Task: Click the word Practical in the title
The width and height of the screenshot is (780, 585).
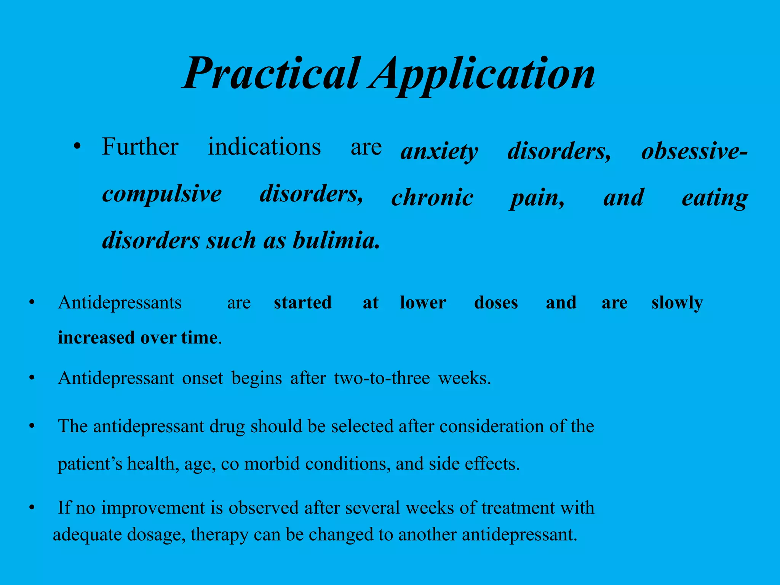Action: pos(270,73)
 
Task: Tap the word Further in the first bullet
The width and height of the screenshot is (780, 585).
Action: pos(140,147)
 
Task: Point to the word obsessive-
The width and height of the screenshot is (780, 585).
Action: pos(694,151)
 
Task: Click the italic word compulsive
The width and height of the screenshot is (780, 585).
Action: pos(162,195)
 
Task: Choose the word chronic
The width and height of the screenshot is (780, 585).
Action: pos(432,198)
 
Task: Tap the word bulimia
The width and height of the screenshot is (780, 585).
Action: pos(336,241)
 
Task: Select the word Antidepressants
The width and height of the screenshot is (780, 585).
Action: pos(120,303)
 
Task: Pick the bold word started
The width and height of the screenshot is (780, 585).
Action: pos(303,303)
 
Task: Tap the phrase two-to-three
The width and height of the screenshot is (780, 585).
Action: pos(382,378)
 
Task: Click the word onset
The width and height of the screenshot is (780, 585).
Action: pos(203,378)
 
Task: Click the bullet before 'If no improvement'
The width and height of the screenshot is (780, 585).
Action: pos(32,508)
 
